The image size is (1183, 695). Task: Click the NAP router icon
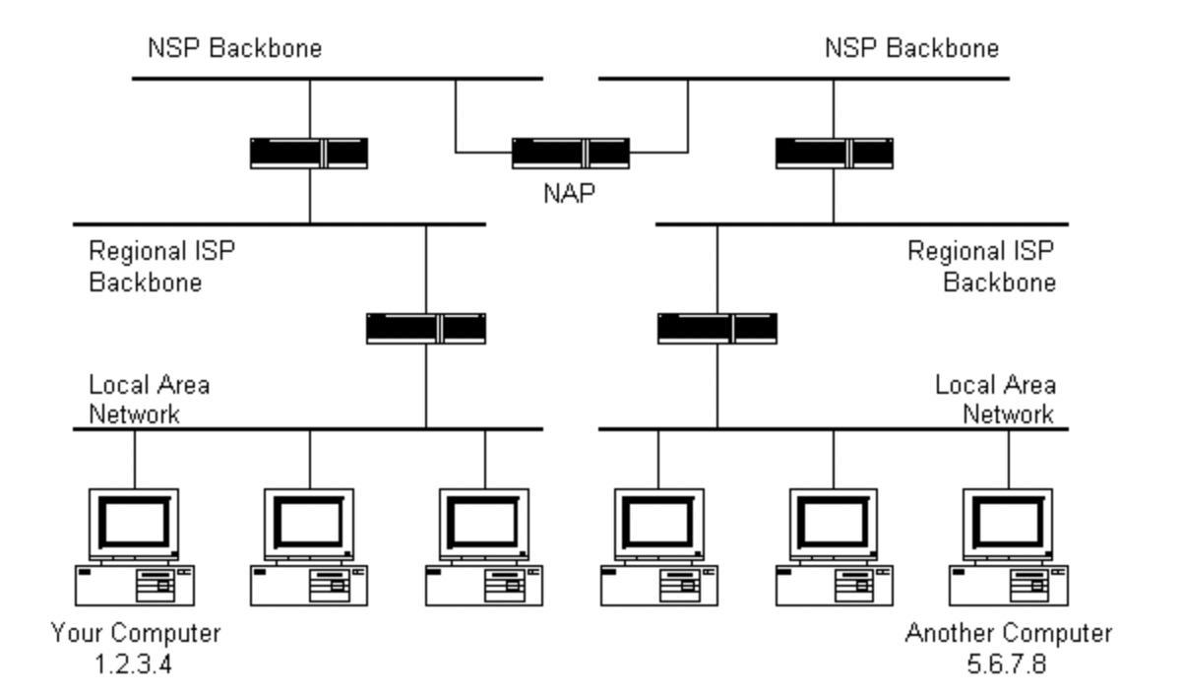570,154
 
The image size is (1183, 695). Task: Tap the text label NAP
570,194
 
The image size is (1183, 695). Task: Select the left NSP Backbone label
234,48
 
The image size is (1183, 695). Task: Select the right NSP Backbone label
910,48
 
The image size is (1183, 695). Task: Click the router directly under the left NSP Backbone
309,154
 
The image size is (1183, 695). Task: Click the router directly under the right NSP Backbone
834,154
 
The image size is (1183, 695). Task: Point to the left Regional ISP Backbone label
162,267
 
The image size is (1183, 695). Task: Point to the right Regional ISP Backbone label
981,267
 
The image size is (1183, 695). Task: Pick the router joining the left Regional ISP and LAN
425,328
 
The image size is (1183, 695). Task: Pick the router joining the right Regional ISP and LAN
717,328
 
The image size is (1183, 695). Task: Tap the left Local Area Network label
149,399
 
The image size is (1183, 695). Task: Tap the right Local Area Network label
994,399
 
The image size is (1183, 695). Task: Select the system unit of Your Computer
135,585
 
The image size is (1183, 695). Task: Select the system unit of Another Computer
1008,585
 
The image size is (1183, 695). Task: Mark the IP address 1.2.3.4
135,663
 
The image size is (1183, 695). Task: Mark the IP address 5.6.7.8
1008,663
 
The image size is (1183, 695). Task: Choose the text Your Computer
135,632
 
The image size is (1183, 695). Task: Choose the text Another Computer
1008,632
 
